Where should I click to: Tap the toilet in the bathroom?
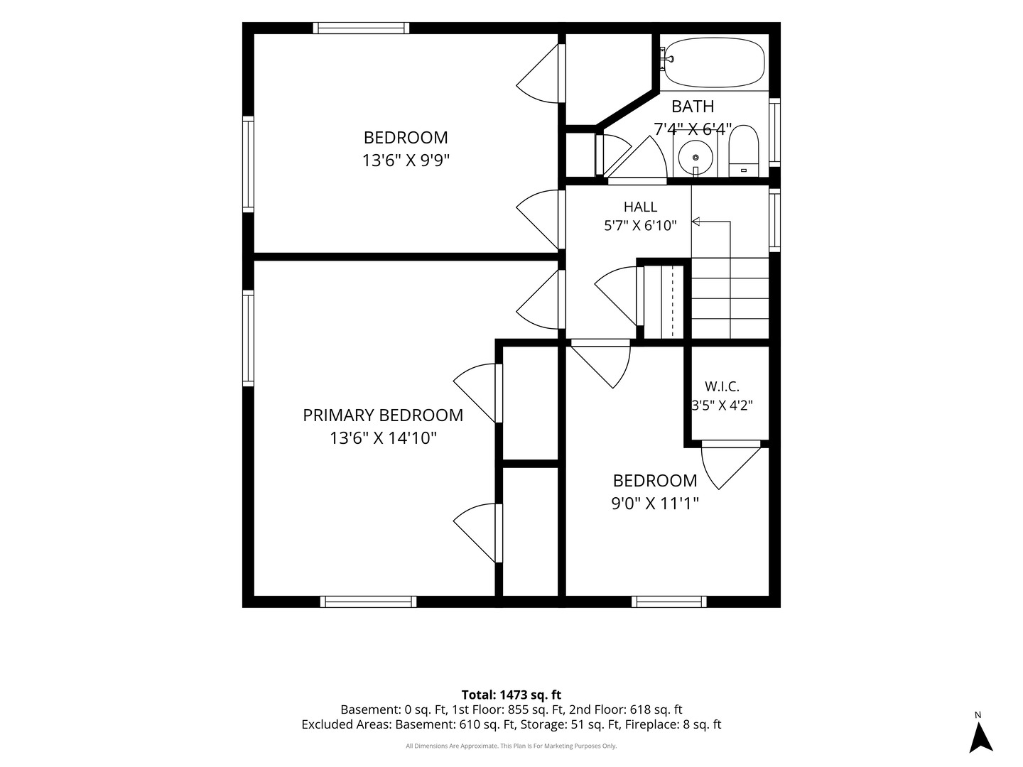[743, 151]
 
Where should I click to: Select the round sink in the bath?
[695, 157]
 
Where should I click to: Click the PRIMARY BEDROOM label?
[383, 415]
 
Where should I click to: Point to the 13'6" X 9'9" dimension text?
[406, 161]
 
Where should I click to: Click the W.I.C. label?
[722, 386]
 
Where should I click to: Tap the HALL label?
[640, 206]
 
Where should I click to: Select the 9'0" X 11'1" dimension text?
[655, 504]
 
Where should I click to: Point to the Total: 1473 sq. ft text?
[511, 695]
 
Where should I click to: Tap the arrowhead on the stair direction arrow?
[695, 222]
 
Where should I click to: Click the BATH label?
[693, 107]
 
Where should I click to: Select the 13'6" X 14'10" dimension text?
[383, 438]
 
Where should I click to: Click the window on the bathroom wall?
[774, 132]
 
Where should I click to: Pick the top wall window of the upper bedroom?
[361, 28]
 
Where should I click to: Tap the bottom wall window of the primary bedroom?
[368, 602]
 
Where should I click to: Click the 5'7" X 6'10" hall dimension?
[640, 226]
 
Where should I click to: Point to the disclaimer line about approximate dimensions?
[511, 746]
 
